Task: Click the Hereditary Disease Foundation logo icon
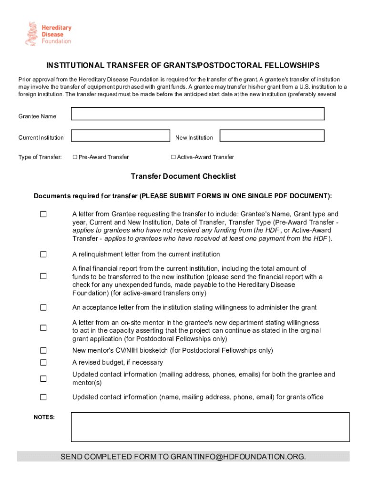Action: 31,33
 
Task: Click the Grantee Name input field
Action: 197,114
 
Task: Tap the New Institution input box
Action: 272,136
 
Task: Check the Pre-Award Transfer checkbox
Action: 75,157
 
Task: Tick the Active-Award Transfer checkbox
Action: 173,157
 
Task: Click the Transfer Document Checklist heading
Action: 183,176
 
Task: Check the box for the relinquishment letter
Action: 43,254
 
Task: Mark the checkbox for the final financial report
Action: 43,276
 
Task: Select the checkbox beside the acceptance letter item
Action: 43,308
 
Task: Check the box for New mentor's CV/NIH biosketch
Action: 43,351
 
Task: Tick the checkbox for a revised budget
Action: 43,363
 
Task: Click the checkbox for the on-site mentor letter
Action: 43,328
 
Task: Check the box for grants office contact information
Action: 43,397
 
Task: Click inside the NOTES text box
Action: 210,427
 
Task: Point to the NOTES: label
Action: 44,417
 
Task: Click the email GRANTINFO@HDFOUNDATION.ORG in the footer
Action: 238,457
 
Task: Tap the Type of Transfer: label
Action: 40,157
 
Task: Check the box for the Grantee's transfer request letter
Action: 43,214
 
